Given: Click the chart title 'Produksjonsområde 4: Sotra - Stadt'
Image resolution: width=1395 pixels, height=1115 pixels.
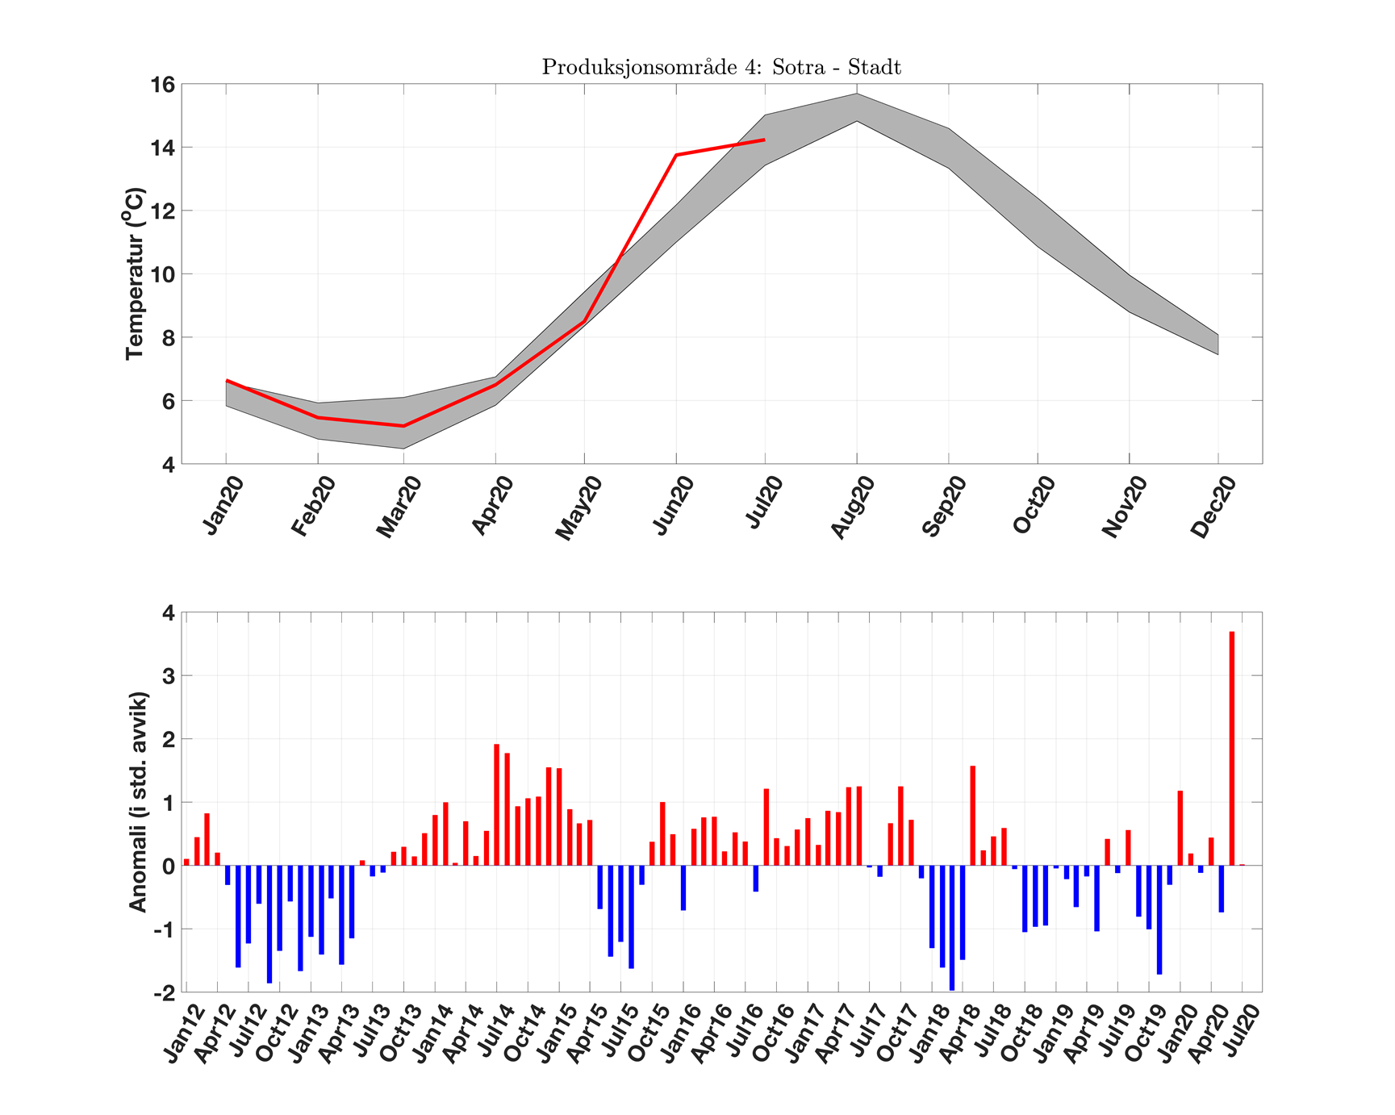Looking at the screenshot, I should [720, 67].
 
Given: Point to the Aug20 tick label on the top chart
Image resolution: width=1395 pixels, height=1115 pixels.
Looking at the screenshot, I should [852, 507].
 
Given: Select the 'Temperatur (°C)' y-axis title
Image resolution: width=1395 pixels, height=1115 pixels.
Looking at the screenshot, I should [136, 274].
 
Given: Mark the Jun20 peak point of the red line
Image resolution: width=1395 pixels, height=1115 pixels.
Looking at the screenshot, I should [676, 154].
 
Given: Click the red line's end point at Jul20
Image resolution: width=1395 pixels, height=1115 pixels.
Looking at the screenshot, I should [764, 140].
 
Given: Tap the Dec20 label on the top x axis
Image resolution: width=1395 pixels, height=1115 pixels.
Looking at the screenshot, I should [1213, 507].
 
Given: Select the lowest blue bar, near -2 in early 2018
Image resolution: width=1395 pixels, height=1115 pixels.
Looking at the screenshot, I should [952, 928].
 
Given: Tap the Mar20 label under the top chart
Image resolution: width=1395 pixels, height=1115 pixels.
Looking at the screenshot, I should [399, 507].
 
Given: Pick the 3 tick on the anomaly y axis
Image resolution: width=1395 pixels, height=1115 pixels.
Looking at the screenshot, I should [168, 675].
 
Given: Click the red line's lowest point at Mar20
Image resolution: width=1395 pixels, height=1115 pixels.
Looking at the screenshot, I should [403, 425].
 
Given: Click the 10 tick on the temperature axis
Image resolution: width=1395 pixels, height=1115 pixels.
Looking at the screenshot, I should [163, 274].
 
